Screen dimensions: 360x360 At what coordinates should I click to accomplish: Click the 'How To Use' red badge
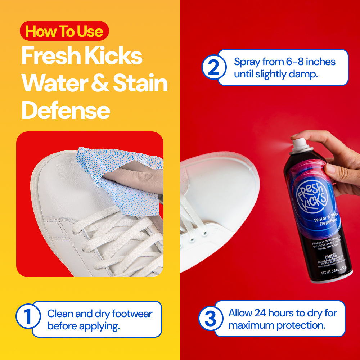pos(64,31)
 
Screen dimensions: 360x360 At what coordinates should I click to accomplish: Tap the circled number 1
pos(28,316)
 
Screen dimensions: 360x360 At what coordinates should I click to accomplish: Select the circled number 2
pos(213,67)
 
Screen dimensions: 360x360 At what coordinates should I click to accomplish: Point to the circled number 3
pos(211,319)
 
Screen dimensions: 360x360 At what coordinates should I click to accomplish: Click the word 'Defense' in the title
pos(66,110)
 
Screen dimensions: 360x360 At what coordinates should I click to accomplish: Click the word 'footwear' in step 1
pos(132,314)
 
